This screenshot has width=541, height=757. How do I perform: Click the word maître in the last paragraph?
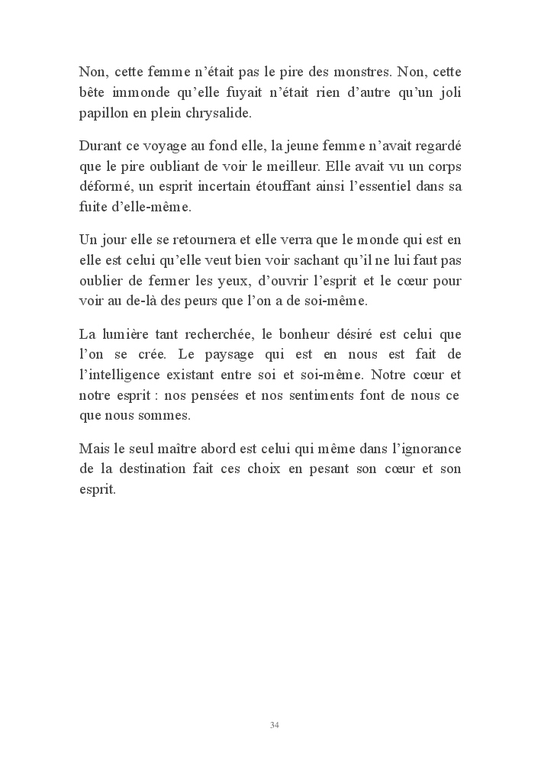pos(187,448)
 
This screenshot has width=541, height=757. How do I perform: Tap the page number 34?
pos(275,724)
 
